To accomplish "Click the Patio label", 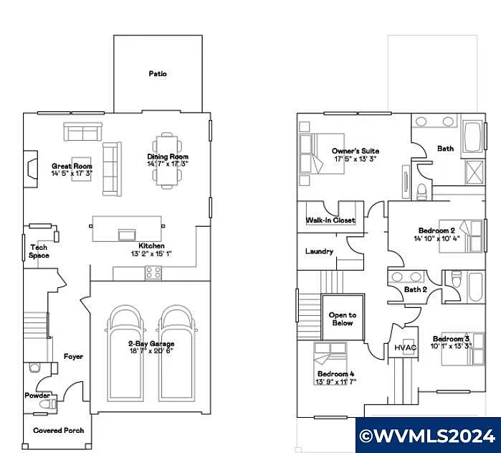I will coord(158,74).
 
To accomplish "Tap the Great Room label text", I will coord(72,166).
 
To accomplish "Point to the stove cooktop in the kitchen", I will coord(153,272).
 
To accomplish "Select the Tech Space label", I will coord(39,251).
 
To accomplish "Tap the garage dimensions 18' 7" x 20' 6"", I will coord(151,352).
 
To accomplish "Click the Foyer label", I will coord(73,356).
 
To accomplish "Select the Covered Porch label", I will coord(59,431).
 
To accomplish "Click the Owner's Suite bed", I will coord(314,155).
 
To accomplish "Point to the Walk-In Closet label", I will coord(330,220).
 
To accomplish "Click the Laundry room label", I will coord(319,251).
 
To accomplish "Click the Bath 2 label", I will coord(415,289).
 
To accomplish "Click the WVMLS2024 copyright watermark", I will coord(427,435).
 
